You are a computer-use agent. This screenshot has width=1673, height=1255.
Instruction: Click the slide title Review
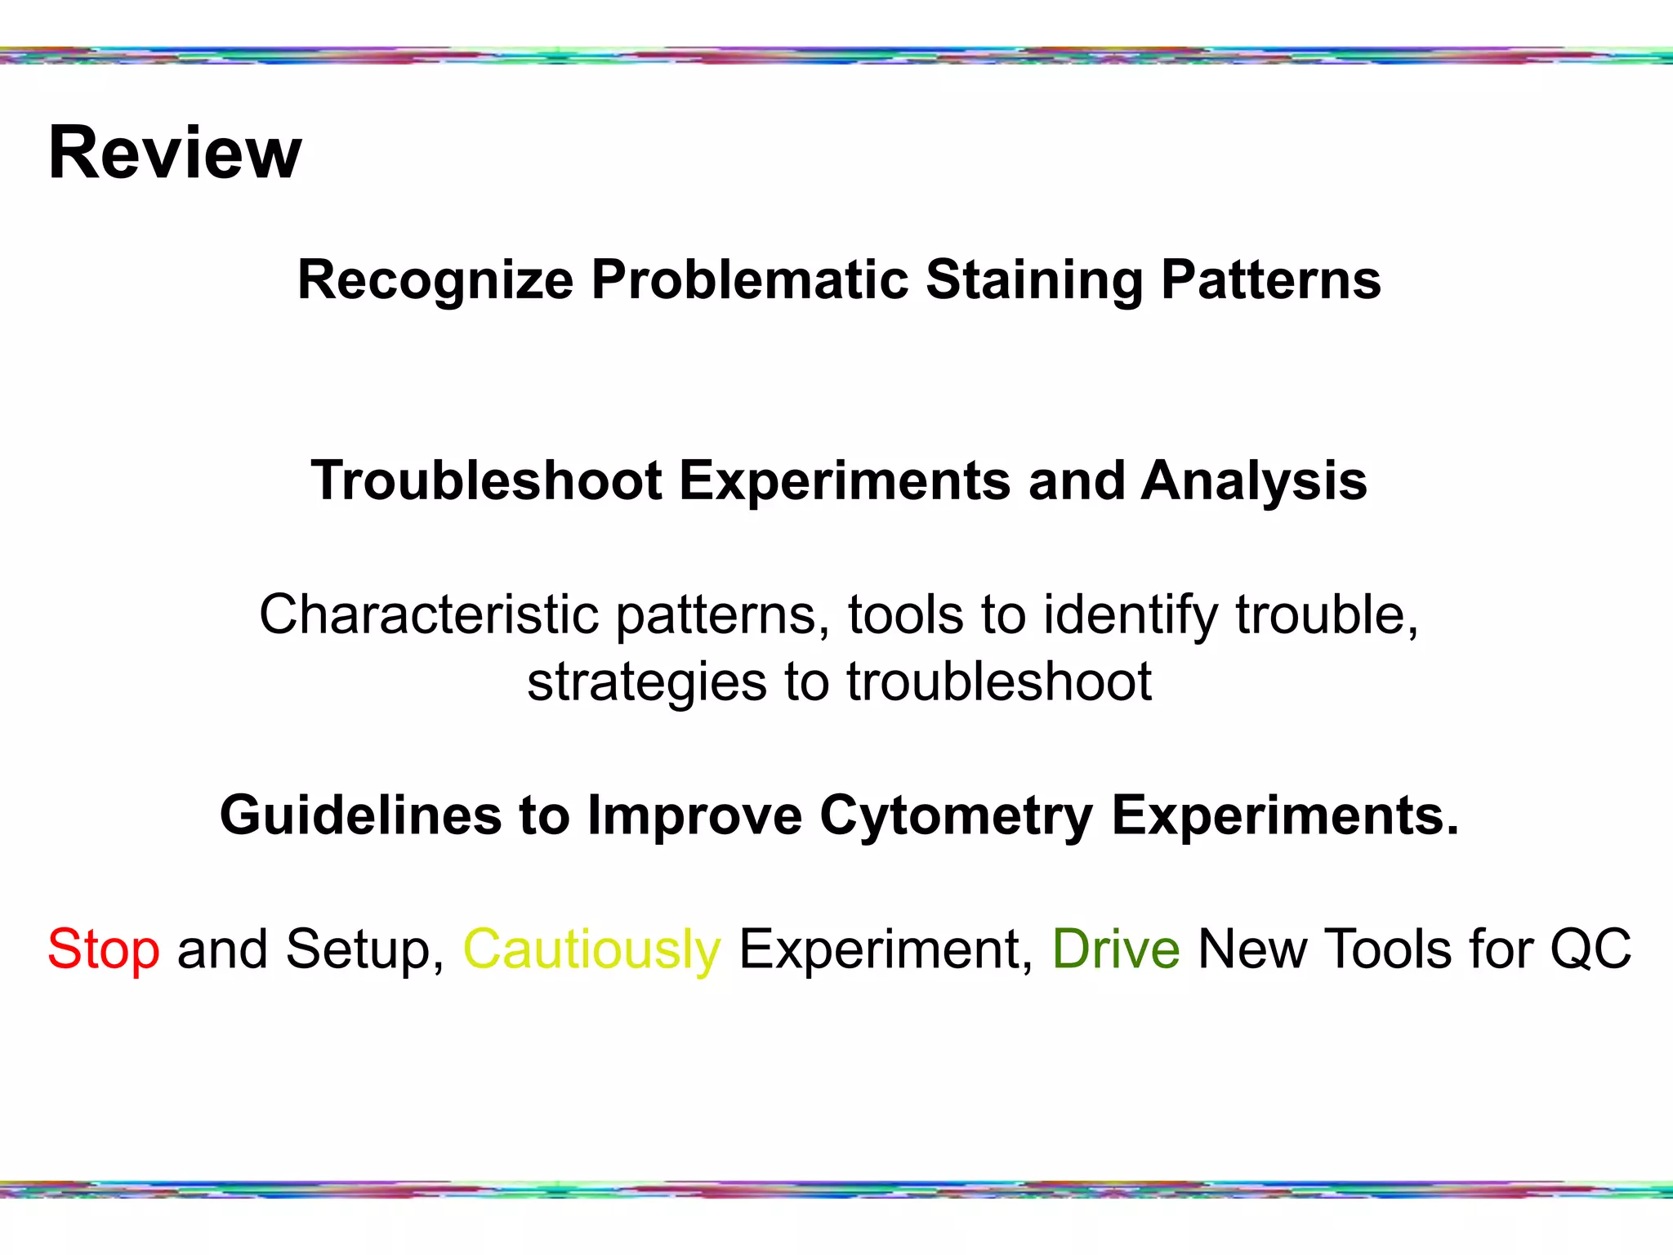pos(175,153)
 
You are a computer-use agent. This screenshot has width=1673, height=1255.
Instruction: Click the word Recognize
pos(435,280)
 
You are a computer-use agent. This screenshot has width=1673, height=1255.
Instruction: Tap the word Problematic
pos(749,280)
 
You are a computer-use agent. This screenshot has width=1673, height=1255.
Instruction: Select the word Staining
pos(1033,280)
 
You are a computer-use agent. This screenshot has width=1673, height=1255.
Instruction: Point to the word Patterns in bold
pos(1270,280)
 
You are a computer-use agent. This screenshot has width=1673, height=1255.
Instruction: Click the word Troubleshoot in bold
pos(486,480)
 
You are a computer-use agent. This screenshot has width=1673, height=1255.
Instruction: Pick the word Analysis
pos(1254,480)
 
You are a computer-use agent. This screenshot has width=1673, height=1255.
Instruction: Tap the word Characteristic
pos(428,614)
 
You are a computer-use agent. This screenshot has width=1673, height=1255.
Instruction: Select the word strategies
pos(647,682)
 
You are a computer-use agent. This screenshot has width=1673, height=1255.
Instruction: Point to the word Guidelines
pos(360,815)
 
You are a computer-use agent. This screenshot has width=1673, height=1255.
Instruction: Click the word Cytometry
pos(956,815)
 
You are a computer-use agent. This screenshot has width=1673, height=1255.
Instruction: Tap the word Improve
pos(694,815)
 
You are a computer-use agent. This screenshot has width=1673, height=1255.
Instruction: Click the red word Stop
pos(103,949)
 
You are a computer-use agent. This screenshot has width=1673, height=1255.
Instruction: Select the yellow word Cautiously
pos(591,949)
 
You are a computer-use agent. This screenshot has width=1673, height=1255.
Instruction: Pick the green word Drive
pos(1115,949)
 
